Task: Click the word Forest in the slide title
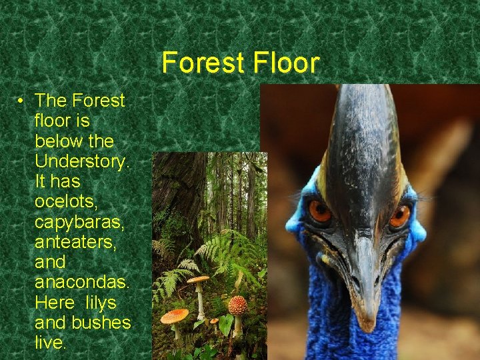[x=200, y=63]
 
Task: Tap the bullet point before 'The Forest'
[x=22, y=101]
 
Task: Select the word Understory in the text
[x=75, y=161]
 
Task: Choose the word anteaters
[x=76, y=242]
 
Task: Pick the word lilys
[x=100, y=302]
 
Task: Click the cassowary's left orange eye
[x=320, y=212]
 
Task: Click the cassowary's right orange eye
[x=400, y=215]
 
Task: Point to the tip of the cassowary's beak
[x=365, y=323]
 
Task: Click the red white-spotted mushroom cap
[x=237, y=305]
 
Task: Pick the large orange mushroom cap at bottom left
[x=175, y=316]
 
